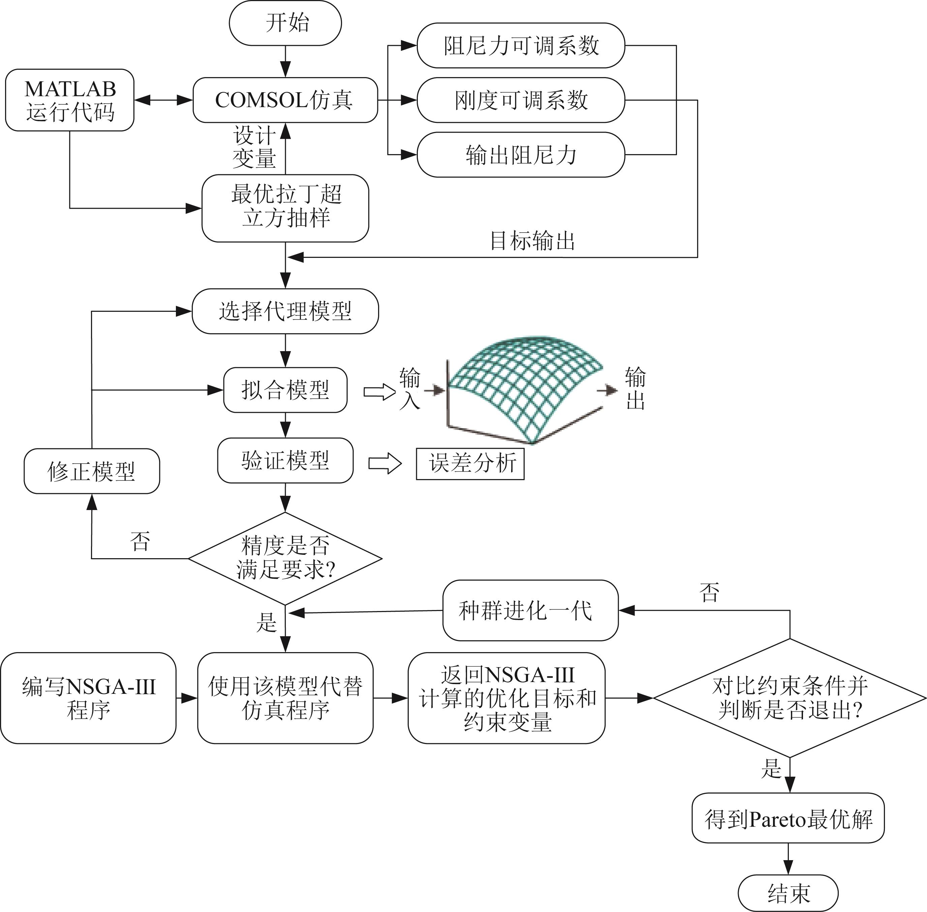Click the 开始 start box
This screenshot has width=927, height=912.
coord(285,23)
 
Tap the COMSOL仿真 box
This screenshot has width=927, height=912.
coord(285,100)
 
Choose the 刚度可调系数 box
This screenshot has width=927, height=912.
coord(521,100)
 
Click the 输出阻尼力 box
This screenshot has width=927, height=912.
coord(521,155)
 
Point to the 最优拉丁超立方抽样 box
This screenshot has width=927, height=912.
coord(285,208)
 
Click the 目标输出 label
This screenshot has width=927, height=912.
coord(532,241)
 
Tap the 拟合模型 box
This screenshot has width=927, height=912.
coord(285,390)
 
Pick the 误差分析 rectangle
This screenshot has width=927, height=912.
coord(470,463)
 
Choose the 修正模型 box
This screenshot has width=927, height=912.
coord(92,471)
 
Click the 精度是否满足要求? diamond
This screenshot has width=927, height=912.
coord(285,558)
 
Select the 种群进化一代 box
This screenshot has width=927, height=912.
coord(530,610)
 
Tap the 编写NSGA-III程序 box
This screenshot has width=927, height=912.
coord(88,698)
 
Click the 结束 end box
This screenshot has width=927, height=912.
coord(788,892)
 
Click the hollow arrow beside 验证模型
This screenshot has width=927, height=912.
coord(384,463)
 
